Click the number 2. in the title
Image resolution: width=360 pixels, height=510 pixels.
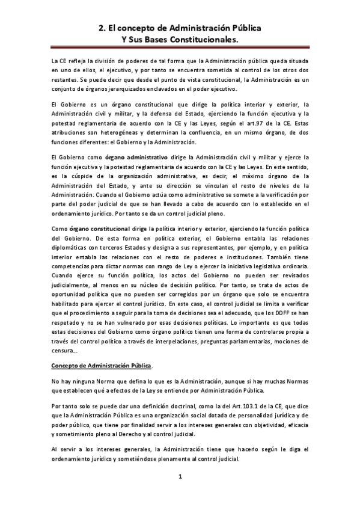102,28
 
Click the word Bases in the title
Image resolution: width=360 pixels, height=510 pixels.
152,39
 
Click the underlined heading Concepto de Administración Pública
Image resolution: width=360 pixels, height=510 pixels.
101,365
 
